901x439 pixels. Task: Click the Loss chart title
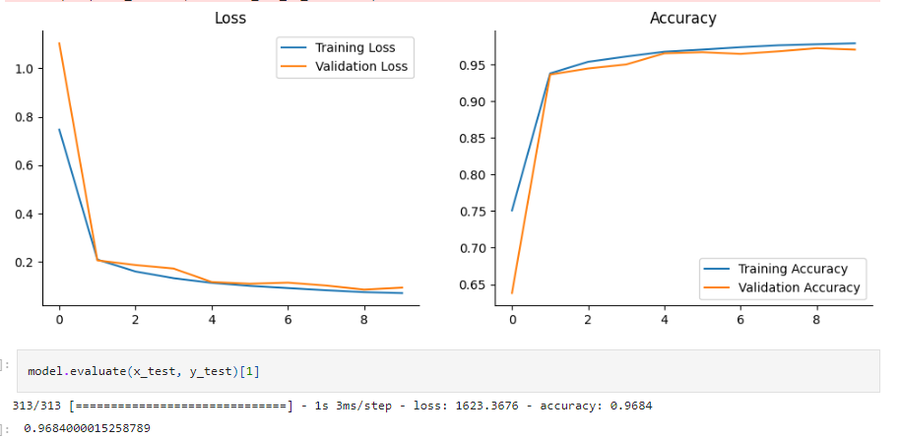coord(230,18)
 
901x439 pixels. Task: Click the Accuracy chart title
coord(682,18)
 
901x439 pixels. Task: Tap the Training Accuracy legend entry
coord(792,269)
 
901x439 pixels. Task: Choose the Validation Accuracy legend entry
coord(797,288)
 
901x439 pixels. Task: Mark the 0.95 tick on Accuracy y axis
coord(479,66)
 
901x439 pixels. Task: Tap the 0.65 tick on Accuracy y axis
coord(479,285)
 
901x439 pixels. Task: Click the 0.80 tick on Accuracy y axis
coord(479,175)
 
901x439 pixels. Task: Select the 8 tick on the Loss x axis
coord(363,320)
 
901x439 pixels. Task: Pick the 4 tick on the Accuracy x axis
coord(665,320)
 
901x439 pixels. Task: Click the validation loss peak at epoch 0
coord(59,43)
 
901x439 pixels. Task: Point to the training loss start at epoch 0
coord(59,129)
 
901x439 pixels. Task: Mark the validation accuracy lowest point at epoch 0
coord(512,293)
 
